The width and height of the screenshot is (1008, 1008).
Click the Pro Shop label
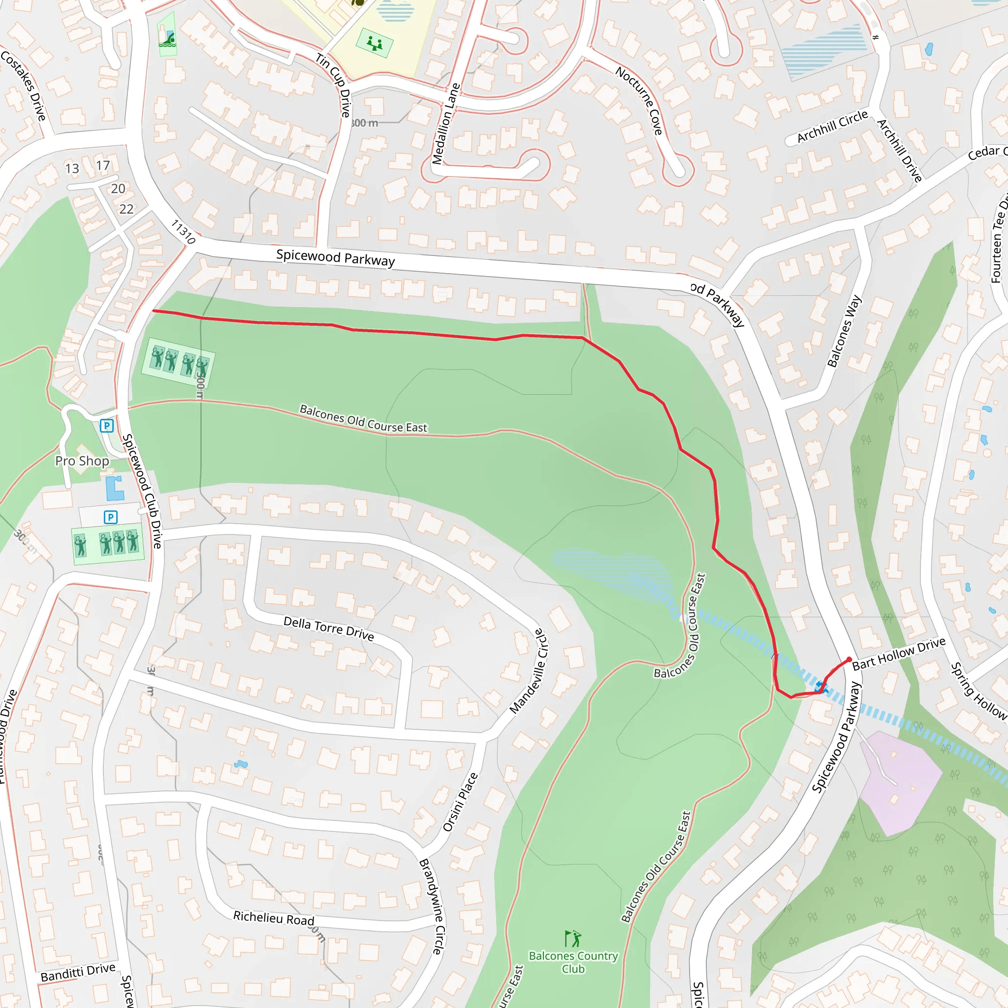click(82, 461)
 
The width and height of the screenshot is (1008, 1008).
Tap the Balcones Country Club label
click(573, 963)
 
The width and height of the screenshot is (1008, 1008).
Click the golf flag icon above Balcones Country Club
click(573, 939)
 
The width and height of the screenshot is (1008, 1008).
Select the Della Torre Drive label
click(328, 628)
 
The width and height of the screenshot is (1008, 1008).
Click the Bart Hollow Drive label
click(898, 653)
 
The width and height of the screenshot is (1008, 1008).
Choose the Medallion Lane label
click(445, 124)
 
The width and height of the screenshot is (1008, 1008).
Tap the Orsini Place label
click(460, 802)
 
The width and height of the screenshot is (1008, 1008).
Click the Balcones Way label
click(844, 331)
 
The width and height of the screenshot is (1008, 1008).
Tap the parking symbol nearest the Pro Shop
click(107, 426)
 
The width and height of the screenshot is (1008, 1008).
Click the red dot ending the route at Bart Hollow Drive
click(849, 660)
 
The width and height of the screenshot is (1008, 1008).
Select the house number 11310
click(183, 232)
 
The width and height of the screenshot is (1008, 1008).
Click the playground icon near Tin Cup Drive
click(374, 43)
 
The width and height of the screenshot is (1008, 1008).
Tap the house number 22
click(126, 209)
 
